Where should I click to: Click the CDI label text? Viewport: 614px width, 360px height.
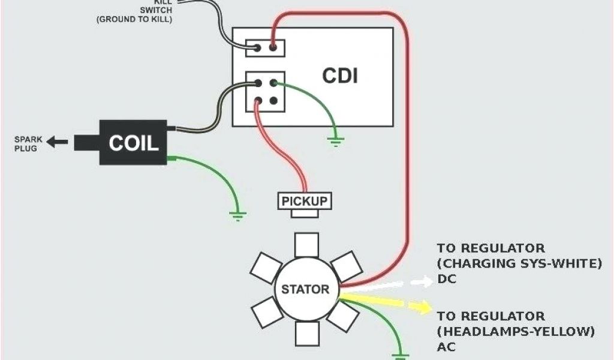(340, 76)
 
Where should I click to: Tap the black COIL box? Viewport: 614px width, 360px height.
(133, 142)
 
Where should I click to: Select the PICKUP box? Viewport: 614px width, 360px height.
(305, 200)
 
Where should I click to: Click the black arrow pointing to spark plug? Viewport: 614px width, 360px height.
(58, 142)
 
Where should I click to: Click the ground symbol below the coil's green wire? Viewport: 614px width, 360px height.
(237, 214)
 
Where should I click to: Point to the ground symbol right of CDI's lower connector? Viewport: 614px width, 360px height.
(335, 142)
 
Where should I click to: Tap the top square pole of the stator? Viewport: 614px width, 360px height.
(307, 245)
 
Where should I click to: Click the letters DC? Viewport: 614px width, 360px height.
(446, 279)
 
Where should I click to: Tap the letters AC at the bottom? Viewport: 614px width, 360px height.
(446, 347)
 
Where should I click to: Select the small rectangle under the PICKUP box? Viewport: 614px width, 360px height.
(305, 213)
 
